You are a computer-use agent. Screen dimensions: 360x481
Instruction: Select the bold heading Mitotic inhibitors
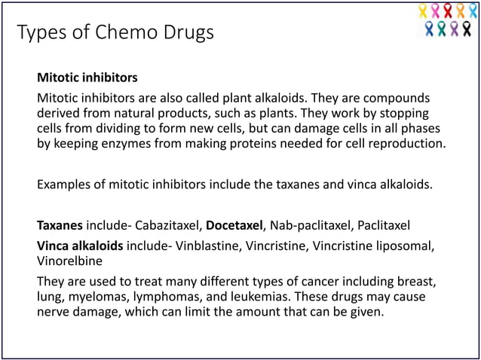(87, 77)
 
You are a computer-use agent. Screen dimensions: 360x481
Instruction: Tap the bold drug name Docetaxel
(234, 224)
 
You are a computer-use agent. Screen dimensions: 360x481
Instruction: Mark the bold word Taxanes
(60, 224)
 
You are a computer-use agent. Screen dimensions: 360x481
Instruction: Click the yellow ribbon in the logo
(423, 11)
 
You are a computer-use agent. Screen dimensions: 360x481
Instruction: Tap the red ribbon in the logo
(448, 11)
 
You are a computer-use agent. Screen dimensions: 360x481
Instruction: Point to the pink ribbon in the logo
(435, 11)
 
